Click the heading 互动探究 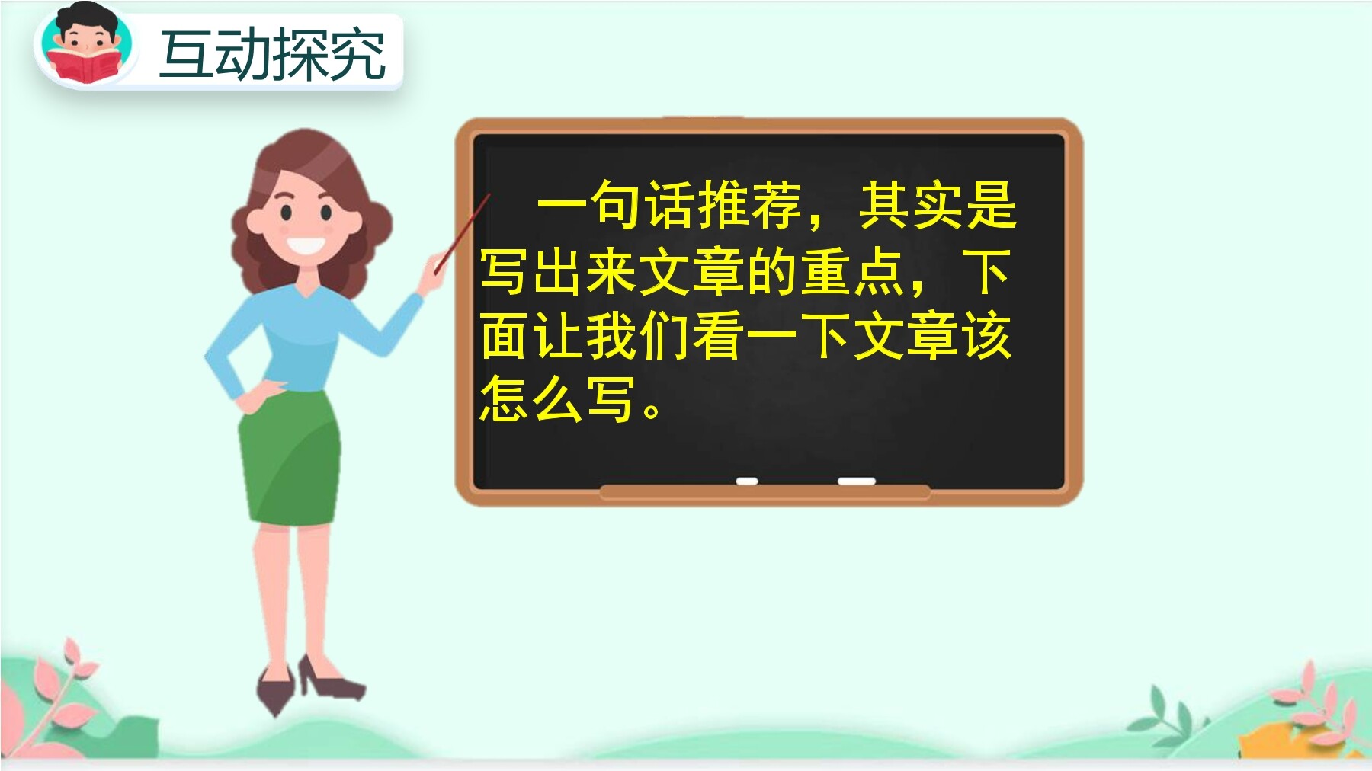[x=272, y=54]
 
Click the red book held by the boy [x=84, y=67]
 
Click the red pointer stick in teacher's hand [x=462, y=233]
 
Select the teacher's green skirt [x=290, y=457]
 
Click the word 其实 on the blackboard [x=912, y=205]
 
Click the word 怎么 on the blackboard [x=531, y=398]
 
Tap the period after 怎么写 [x=652, y=411]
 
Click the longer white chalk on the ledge [x=856, y=481]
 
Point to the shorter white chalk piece [x=747, y=481]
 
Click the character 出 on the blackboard [x=558, y=272]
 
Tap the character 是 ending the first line [x=992, y=205]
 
